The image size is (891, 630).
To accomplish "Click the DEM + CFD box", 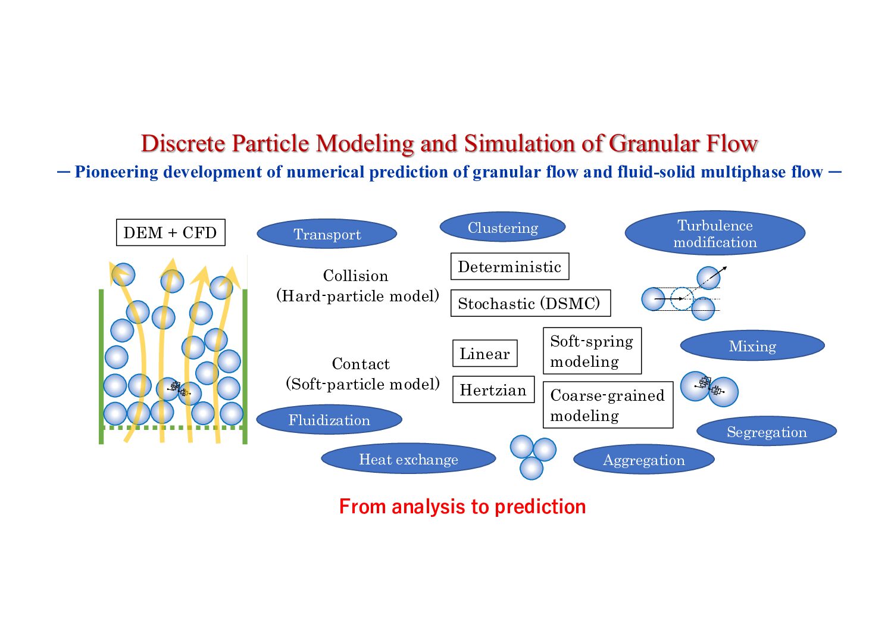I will pos(170,233).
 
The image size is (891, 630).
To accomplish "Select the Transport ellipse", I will pos(327,234).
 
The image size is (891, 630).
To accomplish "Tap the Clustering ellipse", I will pos(502,227).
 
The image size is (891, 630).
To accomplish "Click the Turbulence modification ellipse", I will pos(715,233).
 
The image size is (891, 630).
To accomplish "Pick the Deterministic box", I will pos(509,267).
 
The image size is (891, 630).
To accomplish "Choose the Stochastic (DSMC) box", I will pos(530,304).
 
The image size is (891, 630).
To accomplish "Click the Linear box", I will pos(484,354).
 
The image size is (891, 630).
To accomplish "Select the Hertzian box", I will pos(493,390).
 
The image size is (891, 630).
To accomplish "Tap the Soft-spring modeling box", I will pos(592,351).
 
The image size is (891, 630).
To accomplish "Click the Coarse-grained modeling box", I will pos(608,405).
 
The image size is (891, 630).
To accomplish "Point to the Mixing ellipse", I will pos(752,346).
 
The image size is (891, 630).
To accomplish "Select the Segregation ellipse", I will pos(767,432).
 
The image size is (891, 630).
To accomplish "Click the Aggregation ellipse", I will pos(643,460).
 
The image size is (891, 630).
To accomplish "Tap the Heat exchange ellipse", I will pos(408,459).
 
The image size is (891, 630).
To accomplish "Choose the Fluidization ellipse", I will pos(329,420).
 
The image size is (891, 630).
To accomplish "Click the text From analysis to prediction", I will pos(462,506).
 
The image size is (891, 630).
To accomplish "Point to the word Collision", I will pos(355,276).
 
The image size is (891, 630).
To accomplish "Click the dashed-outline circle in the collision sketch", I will pos(681,299).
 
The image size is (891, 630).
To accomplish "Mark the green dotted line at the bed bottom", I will pos(173,428).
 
